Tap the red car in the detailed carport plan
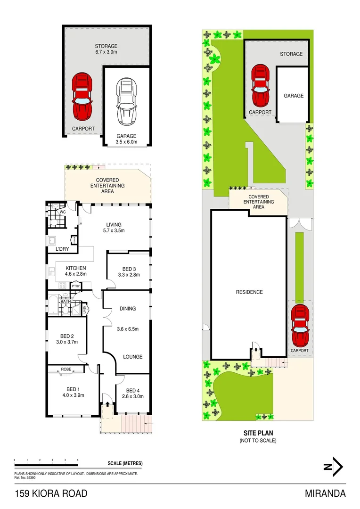click(x=82, y=97)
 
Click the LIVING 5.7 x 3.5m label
click(x=114, y=227)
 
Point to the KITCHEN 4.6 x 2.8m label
click(x=75, y=271)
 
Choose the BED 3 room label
click(x=129, y=271)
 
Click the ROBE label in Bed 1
click(x=65, y=369)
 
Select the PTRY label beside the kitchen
click(x=75, y=286)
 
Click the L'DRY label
click(x=63, y=248)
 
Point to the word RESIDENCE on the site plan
click(x=249, y=292)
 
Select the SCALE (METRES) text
click(x=125, y=463)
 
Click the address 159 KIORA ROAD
click(x=50, y=493)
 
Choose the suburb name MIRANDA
click(x=325, y=493)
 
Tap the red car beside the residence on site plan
click(x=300, y=325)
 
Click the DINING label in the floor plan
click(x=127, y=309)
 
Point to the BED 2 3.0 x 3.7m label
click(x=66, y=339)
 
